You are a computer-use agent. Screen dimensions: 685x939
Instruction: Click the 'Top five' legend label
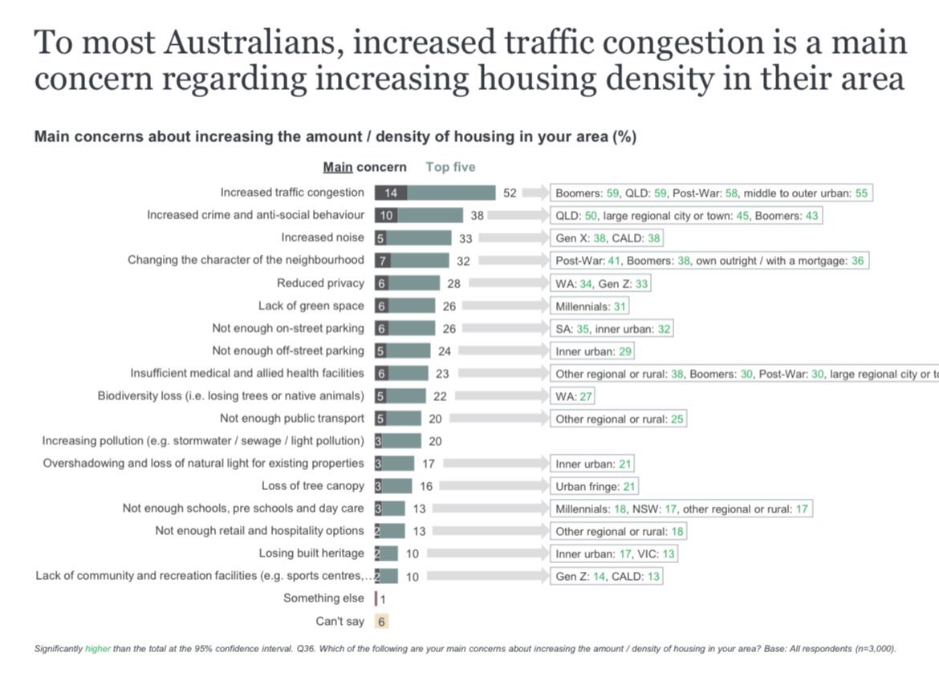[450, 167]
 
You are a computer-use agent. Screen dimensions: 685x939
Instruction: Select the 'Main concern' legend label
[364, 167]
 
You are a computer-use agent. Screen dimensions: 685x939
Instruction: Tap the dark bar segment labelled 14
[391, 193]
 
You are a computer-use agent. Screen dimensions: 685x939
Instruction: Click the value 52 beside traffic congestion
[510, 193]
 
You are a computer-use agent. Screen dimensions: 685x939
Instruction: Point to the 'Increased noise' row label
[322, 237]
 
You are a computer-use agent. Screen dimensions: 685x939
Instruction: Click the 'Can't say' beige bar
[382, 621]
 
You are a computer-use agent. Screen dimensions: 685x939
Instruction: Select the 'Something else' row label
[323, 598]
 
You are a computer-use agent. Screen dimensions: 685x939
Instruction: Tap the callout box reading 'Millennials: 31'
[590, 306]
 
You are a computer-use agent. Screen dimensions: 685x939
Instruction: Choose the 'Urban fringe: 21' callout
[595, 486]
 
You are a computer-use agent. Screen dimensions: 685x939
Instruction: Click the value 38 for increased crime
[478, 215]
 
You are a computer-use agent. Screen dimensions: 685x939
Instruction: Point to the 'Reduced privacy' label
[320, 283]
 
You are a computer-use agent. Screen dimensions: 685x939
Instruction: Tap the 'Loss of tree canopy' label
[312, 486]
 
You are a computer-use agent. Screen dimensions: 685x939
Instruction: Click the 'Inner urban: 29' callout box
[592, 351]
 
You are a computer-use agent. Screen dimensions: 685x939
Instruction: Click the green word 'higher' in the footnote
[99, 648]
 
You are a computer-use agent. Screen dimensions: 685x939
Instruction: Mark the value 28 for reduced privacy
[454, 283]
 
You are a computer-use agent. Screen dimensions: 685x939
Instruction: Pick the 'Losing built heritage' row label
[311, 553]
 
